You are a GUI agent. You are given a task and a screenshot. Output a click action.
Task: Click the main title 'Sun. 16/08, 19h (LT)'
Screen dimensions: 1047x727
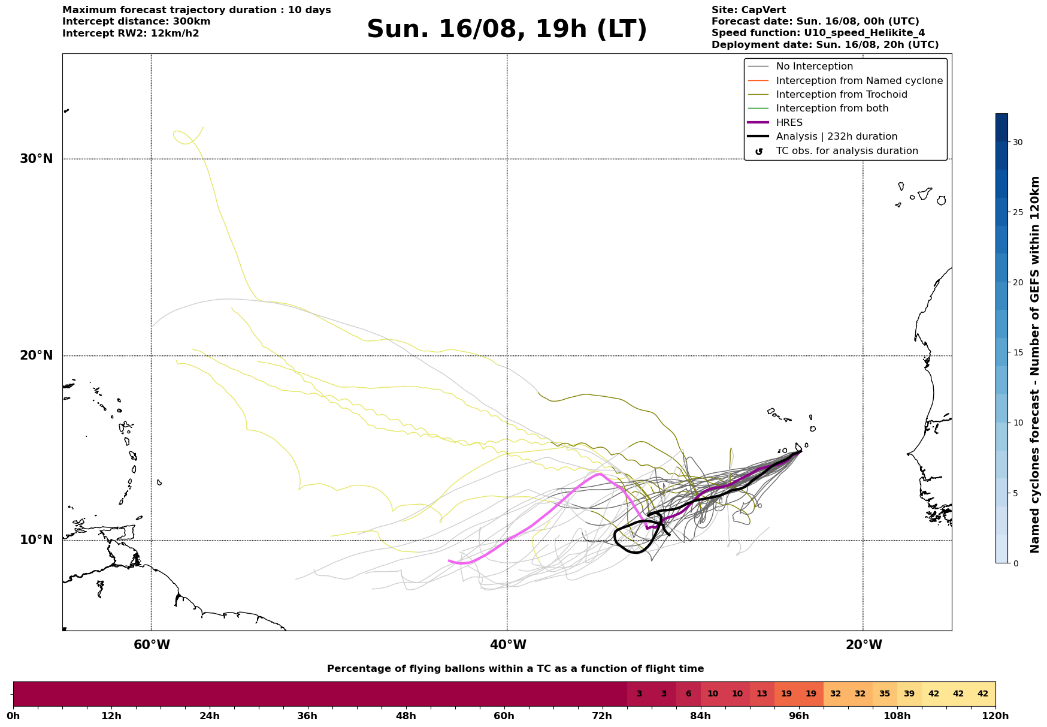507,29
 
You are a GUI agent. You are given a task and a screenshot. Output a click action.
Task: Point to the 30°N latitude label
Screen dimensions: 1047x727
36,159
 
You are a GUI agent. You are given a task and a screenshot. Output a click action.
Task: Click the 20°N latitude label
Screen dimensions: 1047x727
36,355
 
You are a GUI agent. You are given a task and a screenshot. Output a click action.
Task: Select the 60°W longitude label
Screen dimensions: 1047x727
152,645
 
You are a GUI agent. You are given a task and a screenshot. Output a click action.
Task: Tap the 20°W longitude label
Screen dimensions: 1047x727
863,645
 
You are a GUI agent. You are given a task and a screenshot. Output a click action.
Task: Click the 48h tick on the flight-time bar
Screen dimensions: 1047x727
406,716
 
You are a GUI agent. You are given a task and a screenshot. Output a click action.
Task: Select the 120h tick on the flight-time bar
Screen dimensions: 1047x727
995,716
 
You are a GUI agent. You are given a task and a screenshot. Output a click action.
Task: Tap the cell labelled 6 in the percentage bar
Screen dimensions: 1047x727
688,694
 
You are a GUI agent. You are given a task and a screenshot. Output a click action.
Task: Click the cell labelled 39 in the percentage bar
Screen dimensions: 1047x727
909,694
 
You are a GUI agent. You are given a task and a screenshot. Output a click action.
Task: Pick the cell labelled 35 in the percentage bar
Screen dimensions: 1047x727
885,694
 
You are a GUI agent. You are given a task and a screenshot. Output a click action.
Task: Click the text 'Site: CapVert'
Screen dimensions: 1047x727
749,10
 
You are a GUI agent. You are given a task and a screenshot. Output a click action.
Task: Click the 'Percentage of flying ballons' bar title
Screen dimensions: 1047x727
515,669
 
